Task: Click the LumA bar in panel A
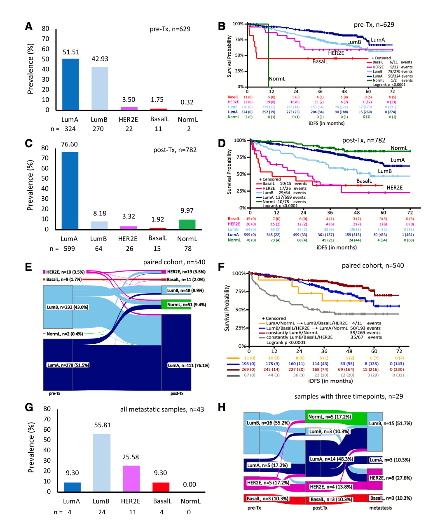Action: click(x=70, y=84)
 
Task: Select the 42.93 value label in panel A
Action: click(x=100, y=59)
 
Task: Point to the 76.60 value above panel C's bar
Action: click(x=70, y=144)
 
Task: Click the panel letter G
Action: click(x=29, y=407)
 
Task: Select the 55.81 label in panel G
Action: click(x=102, y=425)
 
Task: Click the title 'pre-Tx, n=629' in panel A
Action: click(x=170, y=29)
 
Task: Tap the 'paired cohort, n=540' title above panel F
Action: click(x=373, y=266)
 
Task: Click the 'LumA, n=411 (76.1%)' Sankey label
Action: click(x=189, y=365)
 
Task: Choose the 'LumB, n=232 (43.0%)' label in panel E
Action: click(x=68, y=307)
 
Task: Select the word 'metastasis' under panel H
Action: click(x=380, y=508)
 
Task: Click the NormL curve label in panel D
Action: click(x=399, y=148)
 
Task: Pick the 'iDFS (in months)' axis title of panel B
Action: click(x=327, y=123)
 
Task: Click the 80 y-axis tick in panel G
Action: click(x=47, y=409)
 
